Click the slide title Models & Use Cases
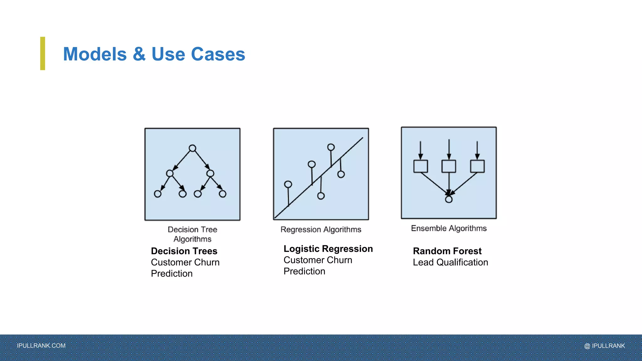pos(154,54)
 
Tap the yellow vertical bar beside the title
pos(43,53)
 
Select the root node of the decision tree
pos(192,148)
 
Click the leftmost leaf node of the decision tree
pos(158,194)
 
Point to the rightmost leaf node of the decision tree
pos(223,194)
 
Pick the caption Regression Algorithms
pos(321,230)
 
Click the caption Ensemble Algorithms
pos(449,228)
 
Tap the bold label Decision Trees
pos(184,251)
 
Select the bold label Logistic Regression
pos(328,249)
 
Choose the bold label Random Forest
pos(447,251)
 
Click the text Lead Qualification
pos(450,262)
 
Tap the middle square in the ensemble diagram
pos(449,166)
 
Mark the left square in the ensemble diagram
pos(421,166)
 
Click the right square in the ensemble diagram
pos(477,166)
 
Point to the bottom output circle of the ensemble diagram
pos(449,199)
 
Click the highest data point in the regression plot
pos(331,147)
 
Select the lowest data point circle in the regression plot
pos(321,196)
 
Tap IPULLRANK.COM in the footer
pos(41,346)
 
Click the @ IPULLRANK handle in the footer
pos(604,346)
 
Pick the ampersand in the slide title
pos(139,54)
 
